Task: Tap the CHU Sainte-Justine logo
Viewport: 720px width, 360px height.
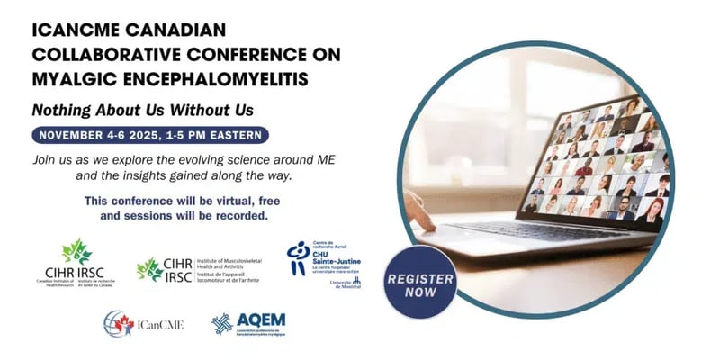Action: (x=323, y=264)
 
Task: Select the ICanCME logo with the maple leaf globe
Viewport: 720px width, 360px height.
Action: (x=144, y=323)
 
